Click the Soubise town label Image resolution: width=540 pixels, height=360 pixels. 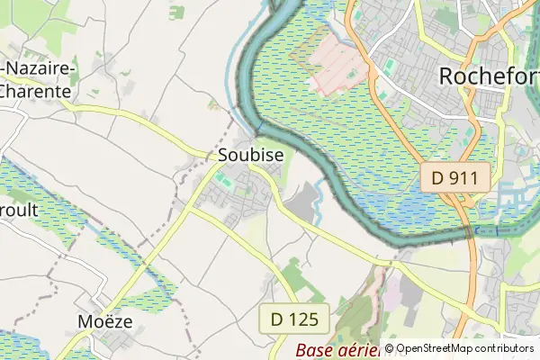pyautogui.click(x=251, y=155)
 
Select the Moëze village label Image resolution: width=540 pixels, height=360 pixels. pyautogui.click(x=103, y=320)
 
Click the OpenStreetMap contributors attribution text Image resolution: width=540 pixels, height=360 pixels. pyautogui.click(x=464, y=348)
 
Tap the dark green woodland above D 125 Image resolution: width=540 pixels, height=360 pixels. pyautogui.click(x=292, y=274)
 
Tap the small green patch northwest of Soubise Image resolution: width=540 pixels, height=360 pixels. pyautogui.click(x=176, y=12)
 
